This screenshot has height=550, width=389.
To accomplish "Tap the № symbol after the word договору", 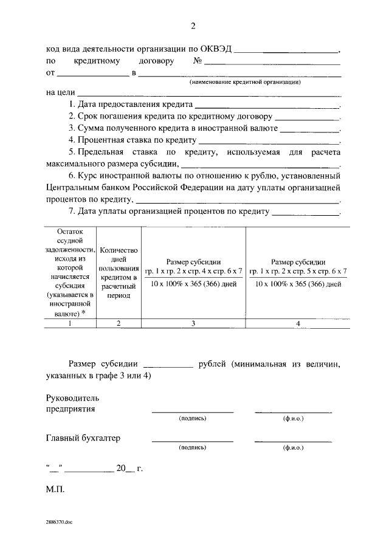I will pyautogui.click(x=198, y=61).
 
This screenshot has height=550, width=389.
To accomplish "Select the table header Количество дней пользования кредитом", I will pyautogui.click(x=119, y=272).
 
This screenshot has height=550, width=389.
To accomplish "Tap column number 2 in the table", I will pyautogui.click(x=119, y=323).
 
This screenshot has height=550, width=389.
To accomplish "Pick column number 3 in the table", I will pyautogui.click(x=193, y=323).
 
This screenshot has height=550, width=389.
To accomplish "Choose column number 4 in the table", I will pyautogui.click(x=298, y=323).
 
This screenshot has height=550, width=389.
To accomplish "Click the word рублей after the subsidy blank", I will pyautogui.click(x=213, y=364).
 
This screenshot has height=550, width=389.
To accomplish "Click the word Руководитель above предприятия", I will pyautogui.click(x=72, y=398).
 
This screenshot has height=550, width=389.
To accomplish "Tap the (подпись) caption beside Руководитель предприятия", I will pyautogui.click(x=193, y=419).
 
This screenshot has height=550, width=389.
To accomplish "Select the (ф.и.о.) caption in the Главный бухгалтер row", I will pyautogui.click(x=293, y=447).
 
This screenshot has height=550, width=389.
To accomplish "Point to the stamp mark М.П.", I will pyautogui.click(x=55, y=489).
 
